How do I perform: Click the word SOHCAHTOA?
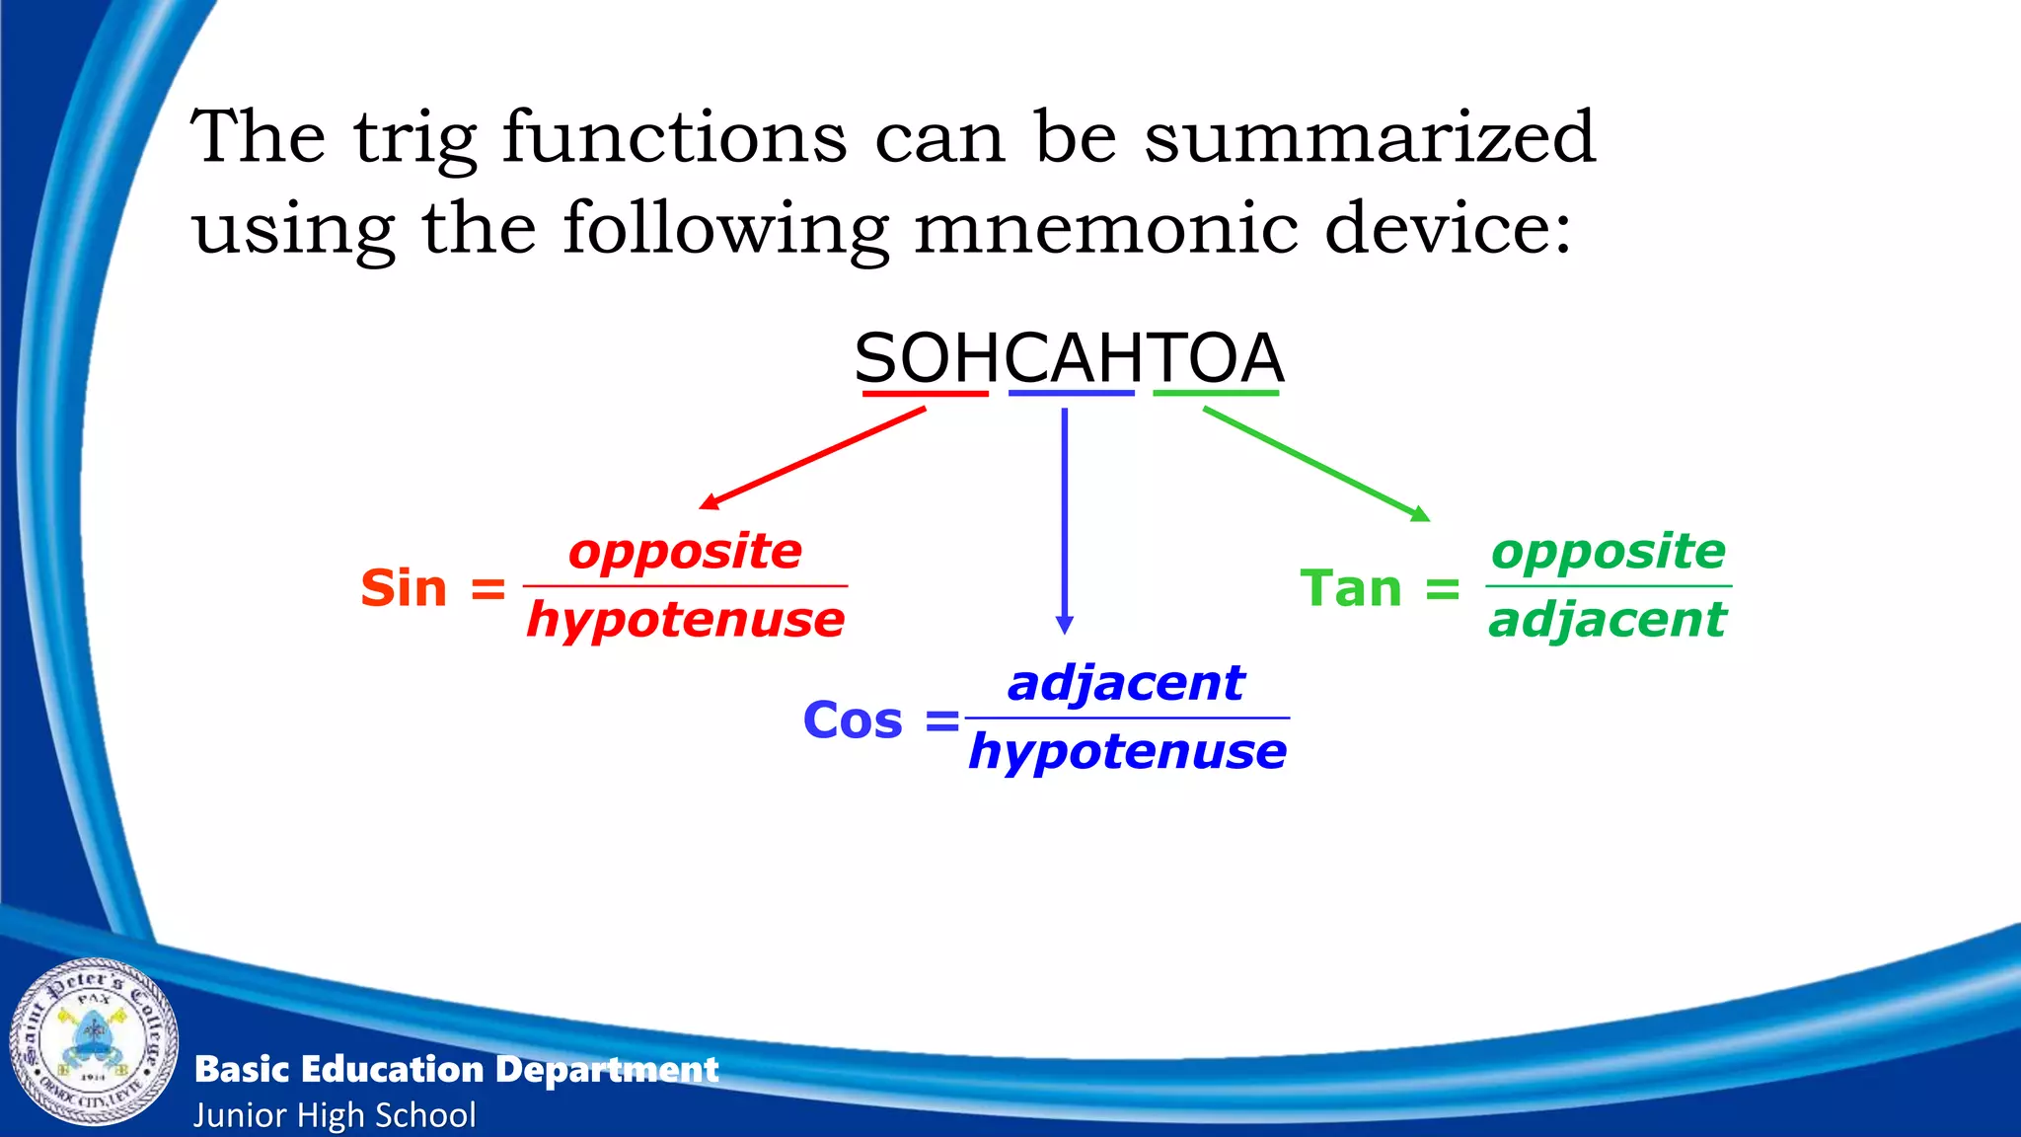point(1069,358)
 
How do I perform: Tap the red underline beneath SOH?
point(925,394)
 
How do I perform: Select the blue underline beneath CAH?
point(1071,394)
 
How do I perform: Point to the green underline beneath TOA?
point(1216,394)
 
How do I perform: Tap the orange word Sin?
point(404,588)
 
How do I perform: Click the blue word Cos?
point(853,720)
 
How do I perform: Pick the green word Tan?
point(1350,588)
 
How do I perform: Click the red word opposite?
point(685,551)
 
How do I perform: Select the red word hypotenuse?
point(685,620)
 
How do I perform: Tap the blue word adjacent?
point(1126,683)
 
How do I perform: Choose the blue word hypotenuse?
point(1127,752)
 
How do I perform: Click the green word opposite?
point(1608,551)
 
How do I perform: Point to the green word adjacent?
point(1608,620)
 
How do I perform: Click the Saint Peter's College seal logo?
point(95,1042)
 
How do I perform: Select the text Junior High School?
point(335,1115)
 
